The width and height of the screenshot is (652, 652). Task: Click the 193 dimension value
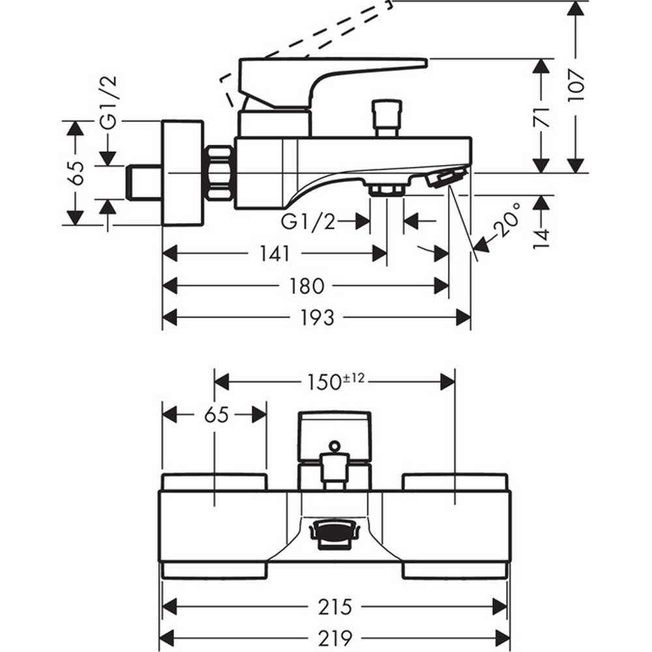tap(317, 318)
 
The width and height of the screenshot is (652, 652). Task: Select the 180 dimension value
tap(307, 286)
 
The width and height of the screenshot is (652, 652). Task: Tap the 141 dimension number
tap(274, 253)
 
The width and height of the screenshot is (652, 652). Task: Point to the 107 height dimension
tap(576, 85)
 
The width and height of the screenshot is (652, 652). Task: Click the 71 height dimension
tap(541, 117)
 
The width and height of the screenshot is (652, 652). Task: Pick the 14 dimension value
tap(541, 238)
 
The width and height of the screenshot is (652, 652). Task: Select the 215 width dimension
tap(335, 607)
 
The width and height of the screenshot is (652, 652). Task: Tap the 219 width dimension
tap(335, 638)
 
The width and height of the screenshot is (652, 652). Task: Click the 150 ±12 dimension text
tap(336, 381)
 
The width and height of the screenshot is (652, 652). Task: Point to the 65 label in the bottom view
tap(216, 415)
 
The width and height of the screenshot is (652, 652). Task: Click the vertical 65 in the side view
tap(76, 173)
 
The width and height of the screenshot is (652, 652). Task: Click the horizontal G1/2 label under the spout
tap(308, 222)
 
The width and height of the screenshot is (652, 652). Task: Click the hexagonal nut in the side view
tap(218, 173)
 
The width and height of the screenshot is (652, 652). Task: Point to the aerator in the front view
tap(334, 535)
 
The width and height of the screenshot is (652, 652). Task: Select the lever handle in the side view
tap(333, 83)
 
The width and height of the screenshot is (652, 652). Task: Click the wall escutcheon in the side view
tap(182, 173)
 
